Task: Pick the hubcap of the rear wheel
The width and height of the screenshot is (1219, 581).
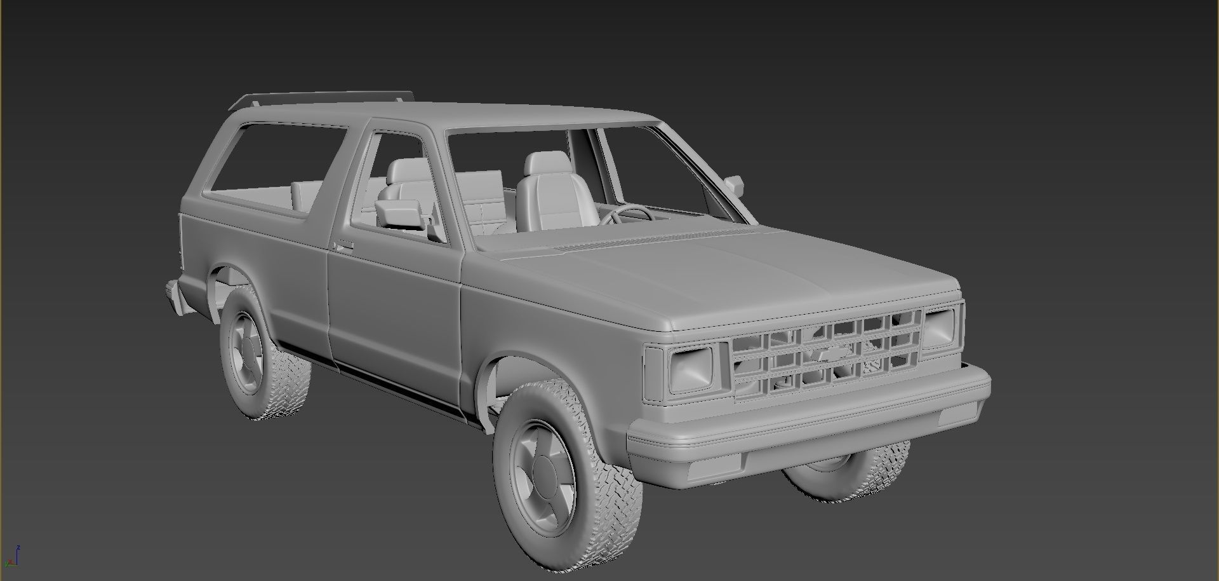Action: [246, 351]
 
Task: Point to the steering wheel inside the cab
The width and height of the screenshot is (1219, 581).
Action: [625, 215]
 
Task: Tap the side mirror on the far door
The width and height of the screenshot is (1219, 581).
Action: [735, 184]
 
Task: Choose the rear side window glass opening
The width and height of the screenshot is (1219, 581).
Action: [276, 168]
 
